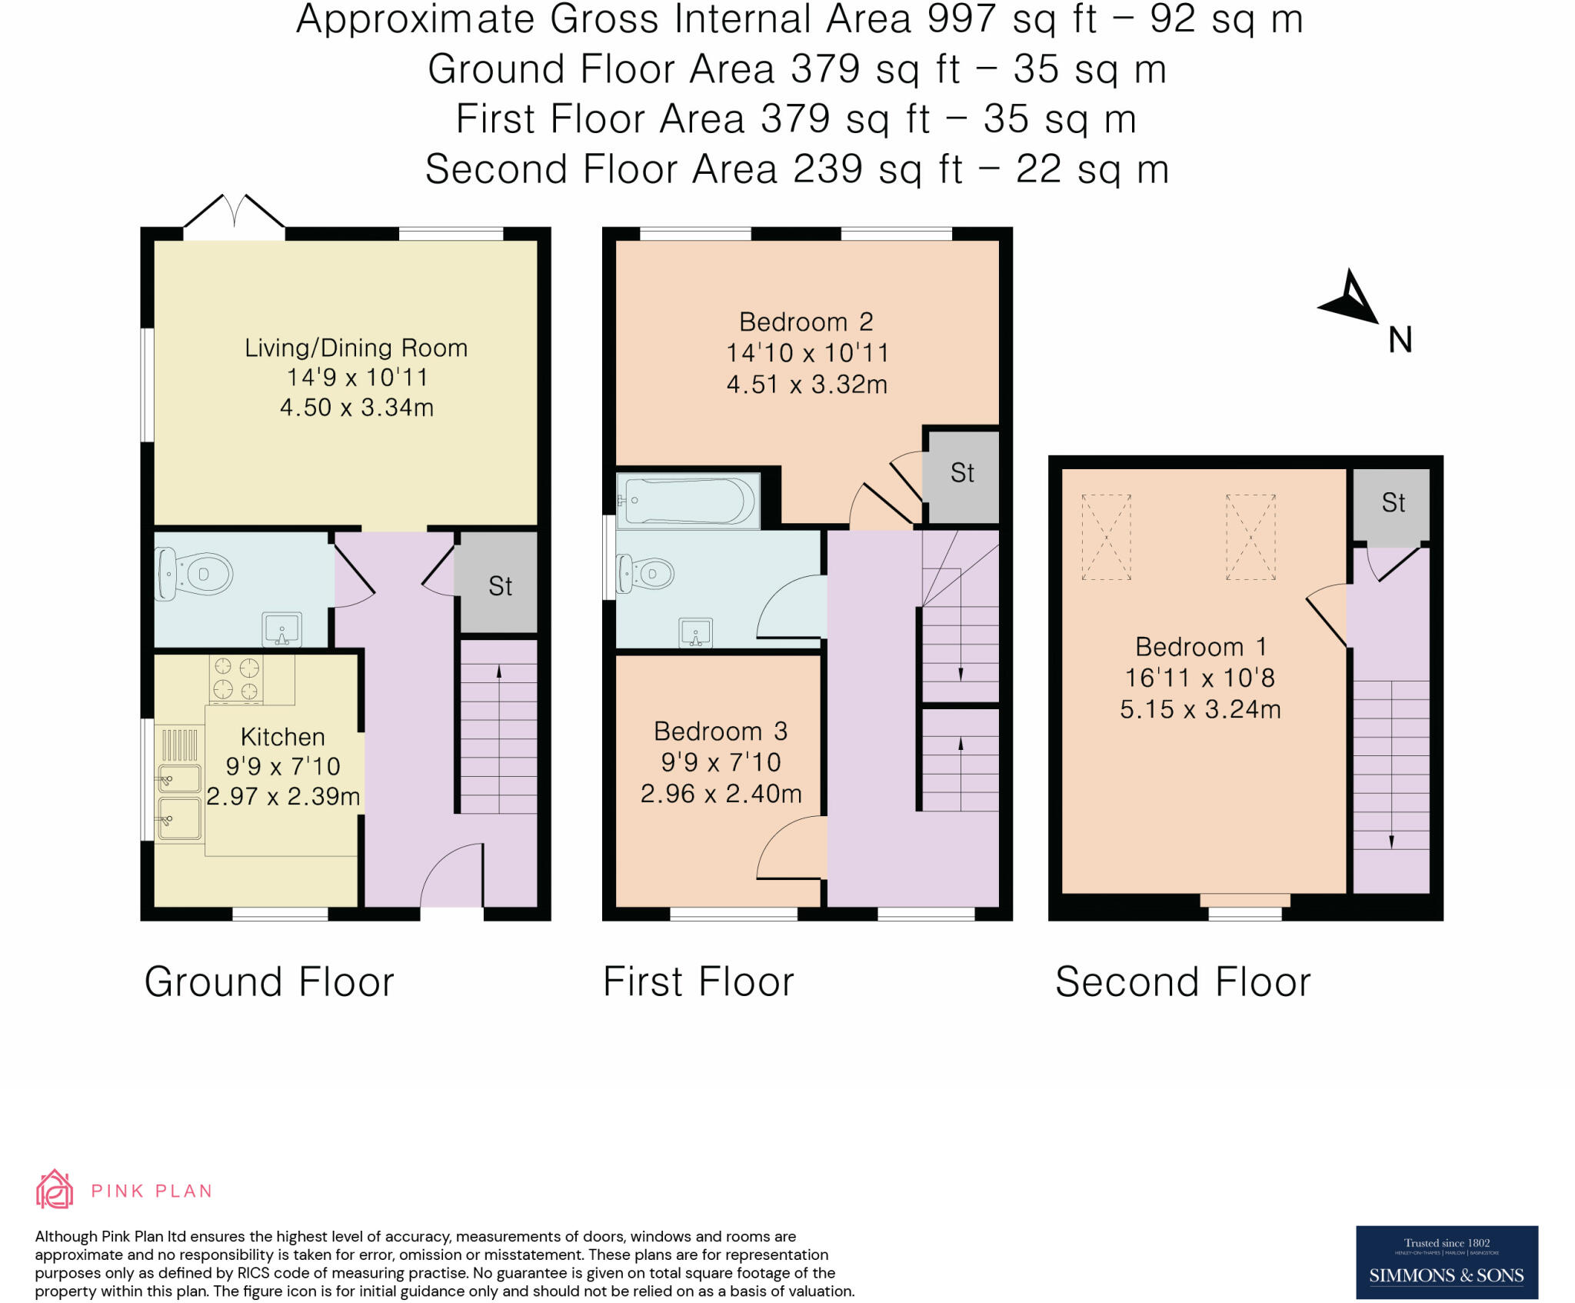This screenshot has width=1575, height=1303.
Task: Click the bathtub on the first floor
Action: [688, 501]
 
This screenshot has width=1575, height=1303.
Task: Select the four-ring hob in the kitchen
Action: [236, 678]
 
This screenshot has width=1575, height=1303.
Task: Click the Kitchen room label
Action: [283, 737]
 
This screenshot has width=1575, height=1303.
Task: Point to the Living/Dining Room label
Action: [356, 348]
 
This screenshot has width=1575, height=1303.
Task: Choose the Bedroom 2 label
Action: [806, 322]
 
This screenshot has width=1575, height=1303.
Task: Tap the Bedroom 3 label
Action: [721, 731]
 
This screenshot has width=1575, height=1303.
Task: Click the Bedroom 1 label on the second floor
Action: [1200, 646]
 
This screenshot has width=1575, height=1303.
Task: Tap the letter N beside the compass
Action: [1400, 340]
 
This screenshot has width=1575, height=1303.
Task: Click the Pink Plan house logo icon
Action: [55, 1189]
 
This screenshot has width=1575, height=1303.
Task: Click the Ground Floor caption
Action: [269, 982]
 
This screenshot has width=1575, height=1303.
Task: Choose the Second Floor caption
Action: [1183, 982]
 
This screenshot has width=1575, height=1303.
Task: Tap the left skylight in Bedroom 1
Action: [1106, 537]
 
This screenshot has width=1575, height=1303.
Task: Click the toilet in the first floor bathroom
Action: [646, 574]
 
